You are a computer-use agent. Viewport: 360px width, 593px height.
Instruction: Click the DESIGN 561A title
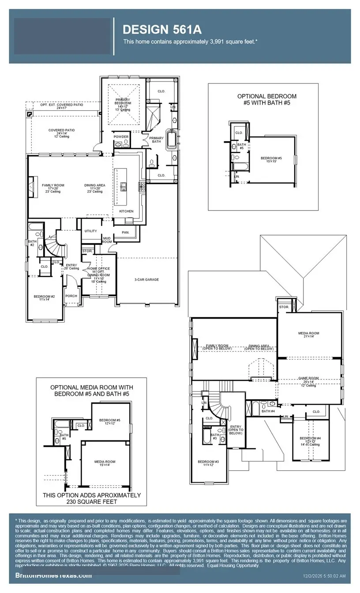[x=162, y=30]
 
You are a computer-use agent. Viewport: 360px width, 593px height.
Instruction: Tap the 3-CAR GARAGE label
[x=146, y=279]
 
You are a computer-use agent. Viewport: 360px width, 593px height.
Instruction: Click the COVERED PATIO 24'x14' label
[x=59, y=131]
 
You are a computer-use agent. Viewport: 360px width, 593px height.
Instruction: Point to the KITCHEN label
[x=126, y=211]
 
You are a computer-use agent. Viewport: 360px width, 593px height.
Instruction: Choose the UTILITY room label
[x=91, y=231]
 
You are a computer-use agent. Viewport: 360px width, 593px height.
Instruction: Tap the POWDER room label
[x=121, y=137]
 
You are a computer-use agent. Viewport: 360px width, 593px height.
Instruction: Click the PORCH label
[x=71, y=296]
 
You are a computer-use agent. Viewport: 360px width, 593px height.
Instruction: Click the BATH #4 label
[x=268, y=411]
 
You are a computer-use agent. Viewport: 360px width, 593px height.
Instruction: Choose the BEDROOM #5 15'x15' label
[x=271, y=159]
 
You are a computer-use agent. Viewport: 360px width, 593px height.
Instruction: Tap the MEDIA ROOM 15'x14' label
[x=105, y=463]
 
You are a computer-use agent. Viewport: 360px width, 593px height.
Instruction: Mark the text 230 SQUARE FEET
[x=91, y=502]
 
